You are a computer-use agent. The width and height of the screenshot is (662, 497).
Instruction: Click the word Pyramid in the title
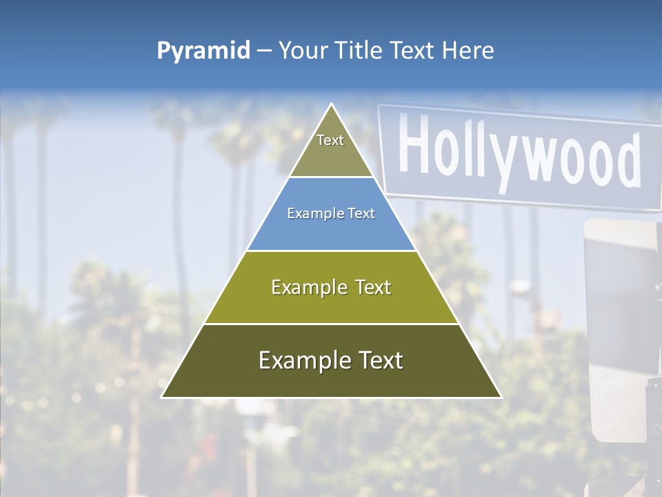tap(203, 51)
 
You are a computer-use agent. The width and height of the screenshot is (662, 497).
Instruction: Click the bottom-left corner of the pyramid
tap(161, 398)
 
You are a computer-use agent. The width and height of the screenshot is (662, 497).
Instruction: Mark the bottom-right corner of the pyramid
tap(501, 398)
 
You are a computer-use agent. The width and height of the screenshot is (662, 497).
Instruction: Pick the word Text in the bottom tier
tap(376, 360)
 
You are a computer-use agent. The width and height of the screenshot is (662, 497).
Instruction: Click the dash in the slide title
tap(264, 51)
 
